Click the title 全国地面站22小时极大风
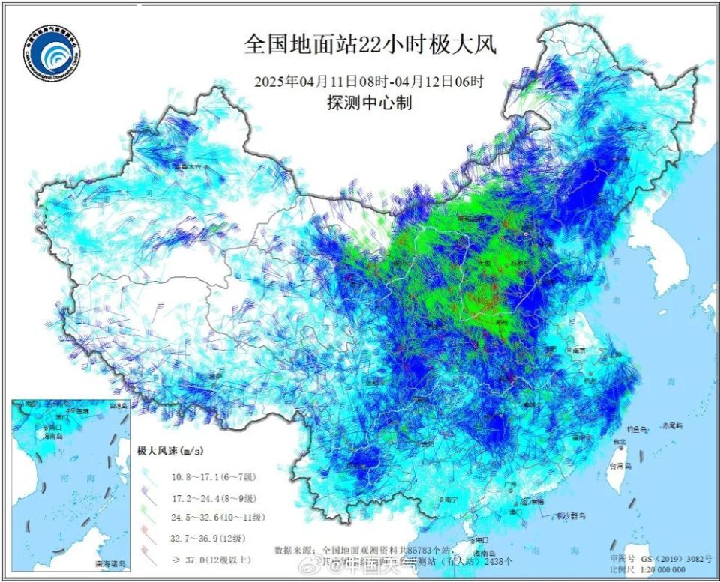pos(370,45)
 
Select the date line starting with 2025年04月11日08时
pos(369,82)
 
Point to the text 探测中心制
pos(369,103)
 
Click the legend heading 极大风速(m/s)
pos(170,451)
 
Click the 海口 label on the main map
pos(481,539)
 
